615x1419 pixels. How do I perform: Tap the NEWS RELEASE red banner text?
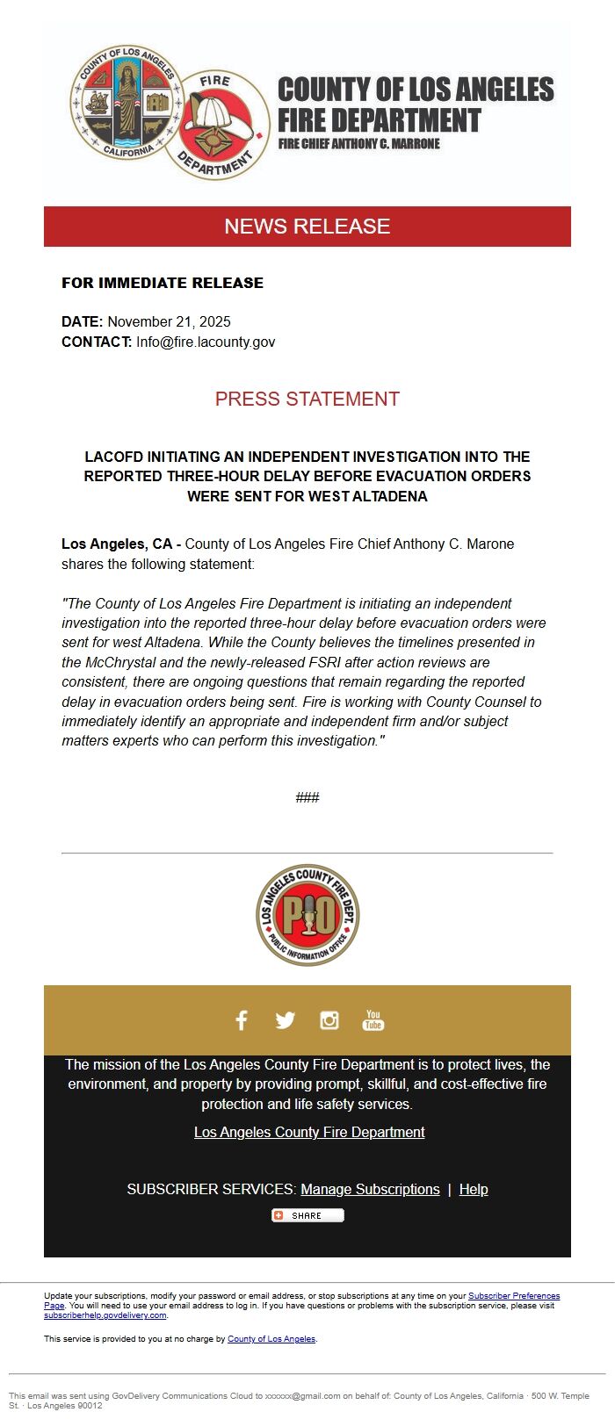point(307,227)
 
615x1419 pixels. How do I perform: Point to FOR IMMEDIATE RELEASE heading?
point(163,283)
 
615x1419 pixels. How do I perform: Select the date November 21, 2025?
point(169,321)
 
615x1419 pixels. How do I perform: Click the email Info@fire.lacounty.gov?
point(206,342)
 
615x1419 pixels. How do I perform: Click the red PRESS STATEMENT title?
point(307,399)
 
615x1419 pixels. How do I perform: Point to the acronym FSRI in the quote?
point(319,662)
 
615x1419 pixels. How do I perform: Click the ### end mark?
point(307,797)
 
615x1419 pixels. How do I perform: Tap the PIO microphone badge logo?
point(307,915)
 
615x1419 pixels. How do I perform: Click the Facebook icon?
point(242,1020)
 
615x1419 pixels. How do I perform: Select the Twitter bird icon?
point(285,1020)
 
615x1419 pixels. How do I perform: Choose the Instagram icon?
point(329,1020)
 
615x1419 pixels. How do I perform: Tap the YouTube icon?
point(373,1020)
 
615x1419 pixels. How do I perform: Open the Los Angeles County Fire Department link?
point(309,1133)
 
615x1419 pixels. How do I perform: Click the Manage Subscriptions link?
point(370,1190)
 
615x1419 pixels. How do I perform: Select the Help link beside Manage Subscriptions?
point(474,1190)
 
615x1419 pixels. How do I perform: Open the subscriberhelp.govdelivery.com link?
point(105,1315)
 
